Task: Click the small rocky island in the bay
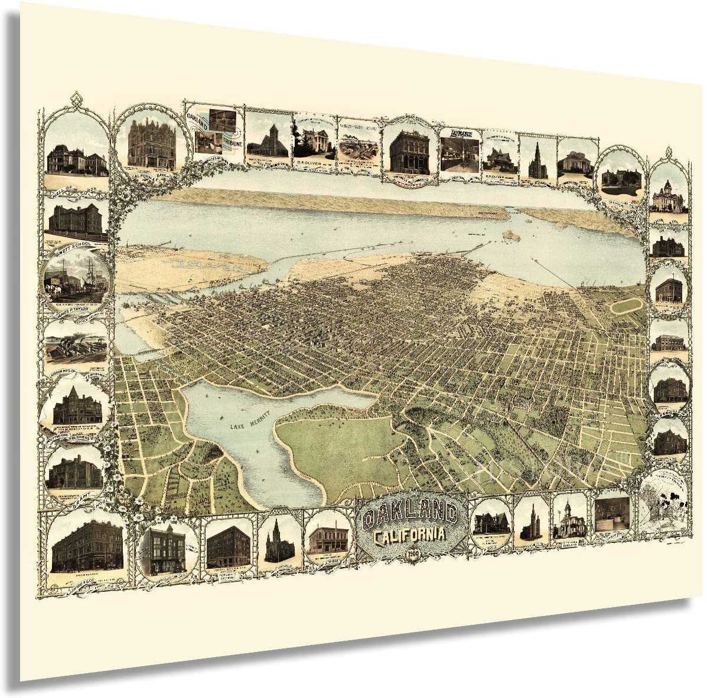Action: pos(510,234)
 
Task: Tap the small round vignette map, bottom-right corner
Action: pos(664,501)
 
